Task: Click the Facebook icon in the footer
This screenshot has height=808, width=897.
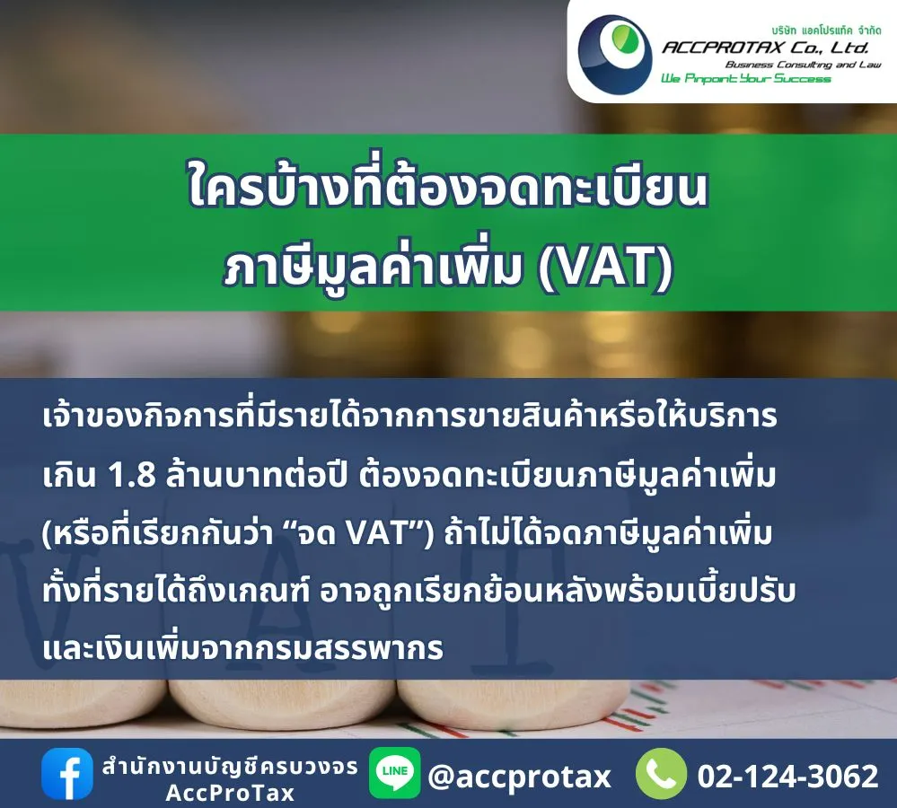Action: [67, 774]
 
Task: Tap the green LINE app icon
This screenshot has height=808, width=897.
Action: [395, 773]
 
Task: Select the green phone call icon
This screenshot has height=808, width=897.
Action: [662, 774]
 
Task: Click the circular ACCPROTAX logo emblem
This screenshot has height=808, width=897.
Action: [614, 51]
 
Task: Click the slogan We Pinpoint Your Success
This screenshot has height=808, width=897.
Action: [745, 79]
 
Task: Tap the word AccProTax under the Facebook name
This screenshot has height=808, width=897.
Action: [230, 794]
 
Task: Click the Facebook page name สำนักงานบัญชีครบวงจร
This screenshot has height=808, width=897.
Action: [230, 766]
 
